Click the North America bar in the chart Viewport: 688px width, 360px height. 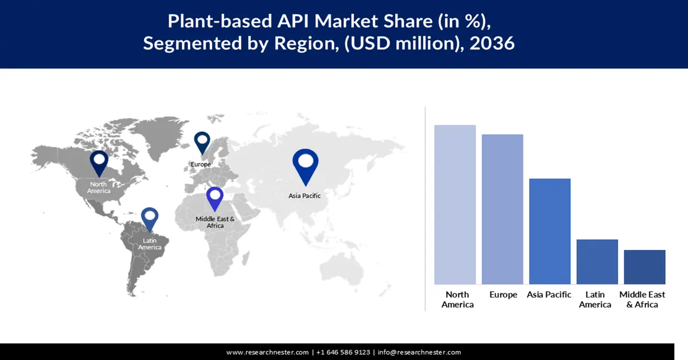455,204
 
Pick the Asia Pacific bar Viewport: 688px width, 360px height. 549,231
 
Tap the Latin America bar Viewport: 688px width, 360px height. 597,261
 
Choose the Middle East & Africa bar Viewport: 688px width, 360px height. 644,267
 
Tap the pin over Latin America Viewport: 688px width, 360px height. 150,218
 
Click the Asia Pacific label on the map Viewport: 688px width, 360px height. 304,195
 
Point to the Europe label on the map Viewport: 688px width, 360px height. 201,165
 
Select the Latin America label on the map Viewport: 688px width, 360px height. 150,244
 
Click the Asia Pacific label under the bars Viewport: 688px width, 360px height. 549,295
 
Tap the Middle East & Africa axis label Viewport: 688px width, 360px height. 642,299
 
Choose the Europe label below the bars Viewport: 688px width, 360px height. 503,295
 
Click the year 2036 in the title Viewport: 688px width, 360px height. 492,43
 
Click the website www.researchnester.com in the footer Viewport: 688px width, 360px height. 268,352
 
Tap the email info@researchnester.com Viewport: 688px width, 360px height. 419,352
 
